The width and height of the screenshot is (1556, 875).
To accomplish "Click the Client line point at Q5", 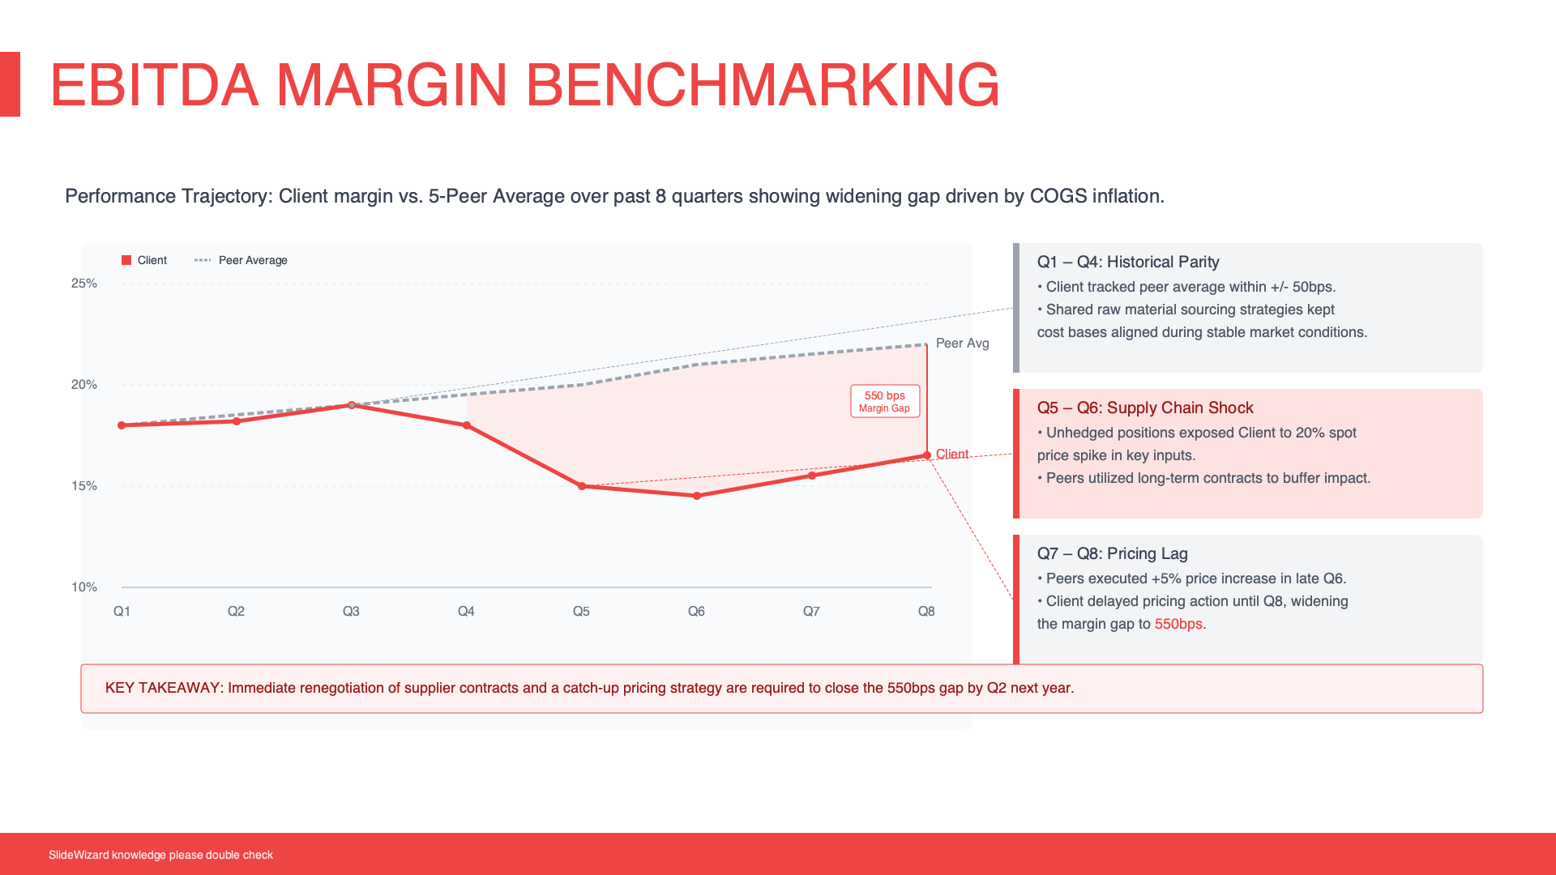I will click(582, 486).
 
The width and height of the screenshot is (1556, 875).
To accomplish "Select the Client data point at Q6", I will click(697, 496).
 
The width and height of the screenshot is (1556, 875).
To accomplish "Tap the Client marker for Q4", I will click(467, 425).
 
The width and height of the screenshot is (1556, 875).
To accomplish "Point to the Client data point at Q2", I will click(237, 421).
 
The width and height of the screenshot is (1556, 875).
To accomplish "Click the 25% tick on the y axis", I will click(84, 284).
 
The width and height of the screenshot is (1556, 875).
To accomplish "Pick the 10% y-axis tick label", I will click(84, 587).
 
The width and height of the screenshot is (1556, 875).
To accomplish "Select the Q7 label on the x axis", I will click(811, 612).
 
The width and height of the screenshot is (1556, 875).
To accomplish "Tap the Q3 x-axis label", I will click(351, 612).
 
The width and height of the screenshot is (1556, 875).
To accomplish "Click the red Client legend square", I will click(126, 260).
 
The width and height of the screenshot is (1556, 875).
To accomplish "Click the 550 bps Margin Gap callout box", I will click(885, 401).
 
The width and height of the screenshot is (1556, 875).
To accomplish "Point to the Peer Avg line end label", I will click(962, 344).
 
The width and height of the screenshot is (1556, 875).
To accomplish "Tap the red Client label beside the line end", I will click(952, 455).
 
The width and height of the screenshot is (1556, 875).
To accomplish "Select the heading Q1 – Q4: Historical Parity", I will click(1128, 262).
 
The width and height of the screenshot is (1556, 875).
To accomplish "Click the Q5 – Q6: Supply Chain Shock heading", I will click(1145, 408).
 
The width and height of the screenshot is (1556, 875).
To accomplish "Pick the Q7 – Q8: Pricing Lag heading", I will click(1112, 554).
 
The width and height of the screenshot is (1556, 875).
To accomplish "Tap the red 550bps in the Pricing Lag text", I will click(1178, 625).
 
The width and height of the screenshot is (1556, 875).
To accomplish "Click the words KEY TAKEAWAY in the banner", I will click(163, 689).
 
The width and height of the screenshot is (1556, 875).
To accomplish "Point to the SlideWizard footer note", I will click(160, 856).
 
